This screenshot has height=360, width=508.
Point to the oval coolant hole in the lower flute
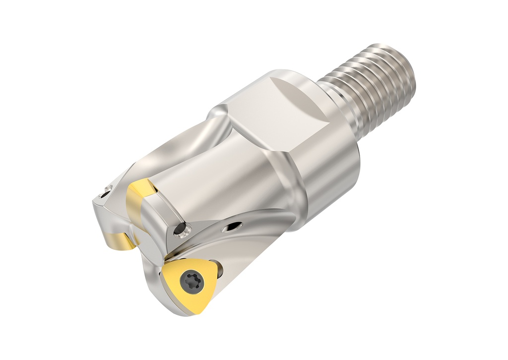click(x=232, y=227)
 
